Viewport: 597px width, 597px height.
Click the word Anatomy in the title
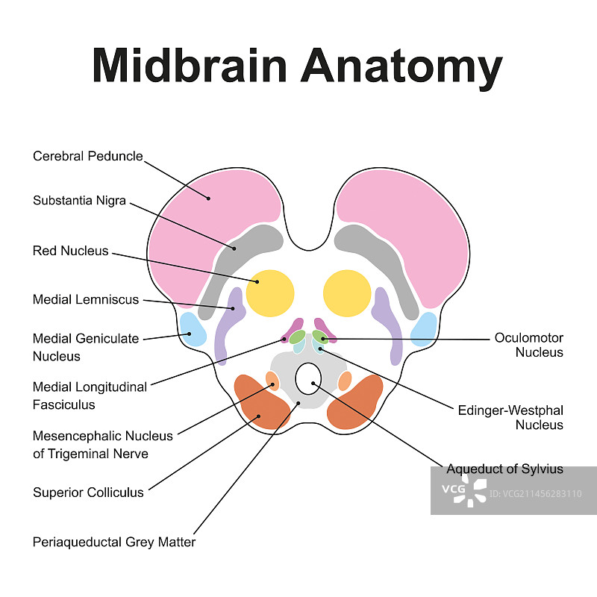[401, 67]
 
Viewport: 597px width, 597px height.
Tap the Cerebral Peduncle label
[87, 156]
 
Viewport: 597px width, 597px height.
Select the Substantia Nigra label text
[79, 201]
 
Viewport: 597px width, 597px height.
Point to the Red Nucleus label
[70, 251]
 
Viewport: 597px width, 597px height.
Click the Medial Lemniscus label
[86, 299]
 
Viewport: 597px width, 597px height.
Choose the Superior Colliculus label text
[88, 493]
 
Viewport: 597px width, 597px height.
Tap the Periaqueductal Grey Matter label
[114, 542]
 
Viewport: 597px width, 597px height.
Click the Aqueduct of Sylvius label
[504, 469]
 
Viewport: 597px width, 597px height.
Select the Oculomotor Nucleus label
[529, 345]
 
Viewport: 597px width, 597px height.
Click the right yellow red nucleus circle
[347, 293]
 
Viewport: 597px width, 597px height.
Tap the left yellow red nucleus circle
[269, 293]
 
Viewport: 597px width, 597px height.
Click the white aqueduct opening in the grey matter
[307, 379]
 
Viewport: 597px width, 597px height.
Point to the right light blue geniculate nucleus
[425, 328]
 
